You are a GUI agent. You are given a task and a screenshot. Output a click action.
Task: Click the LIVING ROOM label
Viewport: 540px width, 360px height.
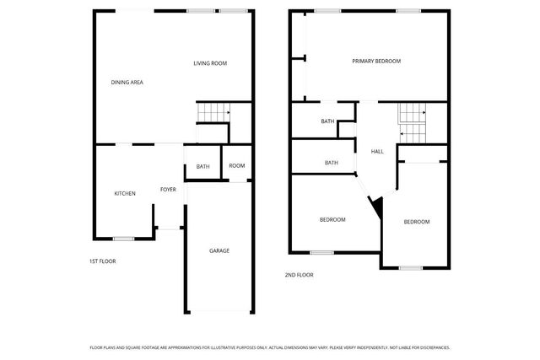coord(210,63)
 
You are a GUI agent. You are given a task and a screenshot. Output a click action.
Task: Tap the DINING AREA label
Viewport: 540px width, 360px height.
coord(127,82)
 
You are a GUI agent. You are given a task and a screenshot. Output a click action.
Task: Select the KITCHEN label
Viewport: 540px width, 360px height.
coord(125,194)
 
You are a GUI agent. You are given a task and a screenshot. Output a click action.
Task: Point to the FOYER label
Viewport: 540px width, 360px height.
coord(168,190)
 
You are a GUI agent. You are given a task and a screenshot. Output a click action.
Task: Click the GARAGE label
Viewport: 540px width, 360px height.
coord(219,250)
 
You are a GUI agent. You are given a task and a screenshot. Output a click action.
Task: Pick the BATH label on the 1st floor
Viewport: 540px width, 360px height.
coord(202,166)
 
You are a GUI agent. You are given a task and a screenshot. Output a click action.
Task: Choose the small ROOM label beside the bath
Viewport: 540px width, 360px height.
coord(236,165)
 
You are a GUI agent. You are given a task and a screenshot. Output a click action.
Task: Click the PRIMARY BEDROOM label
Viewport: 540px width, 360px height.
coord(376,61)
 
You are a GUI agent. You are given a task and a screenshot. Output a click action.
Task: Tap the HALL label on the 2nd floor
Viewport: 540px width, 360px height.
coord(377,152)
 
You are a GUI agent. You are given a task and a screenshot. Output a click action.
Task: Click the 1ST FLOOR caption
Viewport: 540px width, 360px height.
coord(103,261)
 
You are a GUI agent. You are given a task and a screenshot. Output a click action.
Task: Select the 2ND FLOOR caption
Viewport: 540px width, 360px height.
coord(299,275)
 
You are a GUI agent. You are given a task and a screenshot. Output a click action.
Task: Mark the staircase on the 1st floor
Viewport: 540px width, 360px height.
coord(213,112)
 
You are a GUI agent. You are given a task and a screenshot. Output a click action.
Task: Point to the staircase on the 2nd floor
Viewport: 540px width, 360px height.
coord(413,122)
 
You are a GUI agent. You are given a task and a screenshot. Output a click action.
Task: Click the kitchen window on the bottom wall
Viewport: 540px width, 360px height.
coord(124,239)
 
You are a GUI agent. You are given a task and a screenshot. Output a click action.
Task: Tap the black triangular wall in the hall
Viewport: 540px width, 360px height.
coord(376,206)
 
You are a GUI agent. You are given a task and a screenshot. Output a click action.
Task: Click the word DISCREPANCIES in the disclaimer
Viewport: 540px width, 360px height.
coord(433,347)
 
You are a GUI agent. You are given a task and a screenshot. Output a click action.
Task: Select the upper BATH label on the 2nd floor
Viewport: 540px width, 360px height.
coord(327,121)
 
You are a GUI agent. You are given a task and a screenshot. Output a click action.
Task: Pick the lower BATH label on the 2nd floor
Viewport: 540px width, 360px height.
coord(332,163)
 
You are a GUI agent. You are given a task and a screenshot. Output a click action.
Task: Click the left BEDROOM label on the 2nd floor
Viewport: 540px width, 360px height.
coord(332,220)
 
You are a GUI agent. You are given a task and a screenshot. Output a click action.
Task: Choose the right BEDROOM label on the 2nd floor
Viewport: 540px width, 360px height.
coord(417,222)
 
